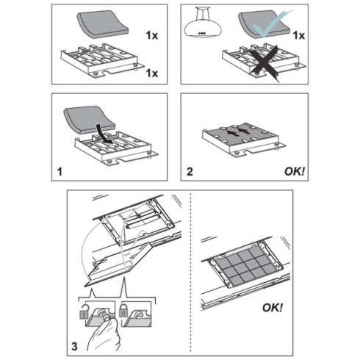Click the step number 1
tap(60, 172)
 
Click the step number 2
tap(190, 172)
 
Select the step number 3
tap(74, 347)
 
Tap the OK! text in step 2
tap(295, 171)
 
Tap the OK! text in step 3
tap(273, 308)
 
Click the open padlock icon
tap(84, 312)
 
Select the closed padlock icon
tap(123, 310)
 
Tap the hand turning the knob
tap(104, 336)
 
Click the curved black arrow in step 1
tap(104, 134)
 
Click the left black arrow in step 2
tap(230, 133)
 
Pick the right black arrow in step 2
tap(245, 131)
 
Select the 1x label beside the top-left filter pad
tap(152, 36)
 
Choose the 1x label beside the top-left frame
tap(152, 73)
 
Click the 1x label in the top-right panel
tap(299, 36)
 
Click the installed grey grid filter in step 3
tap(248, 267)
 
